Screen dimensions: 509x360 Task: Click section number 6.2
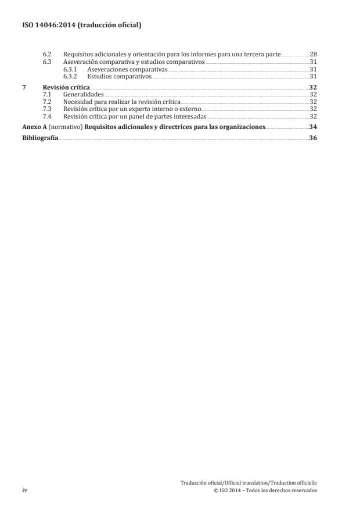48,54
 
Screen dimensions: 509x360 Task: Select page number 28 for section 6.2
313,54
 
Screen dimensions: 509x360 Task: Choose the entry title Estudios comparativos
119,76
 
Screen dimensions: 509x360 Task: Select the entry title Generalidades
83,94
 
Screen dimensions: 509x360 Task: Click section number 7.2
48,101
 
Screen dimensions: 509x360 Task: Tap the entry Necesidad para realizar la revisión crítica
121,101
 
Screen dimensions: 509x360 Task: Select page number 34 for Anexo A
313,126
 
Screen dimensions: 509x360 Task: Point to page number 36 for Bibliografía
313,138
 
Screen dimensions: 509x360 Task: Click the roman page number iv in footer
24,490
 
